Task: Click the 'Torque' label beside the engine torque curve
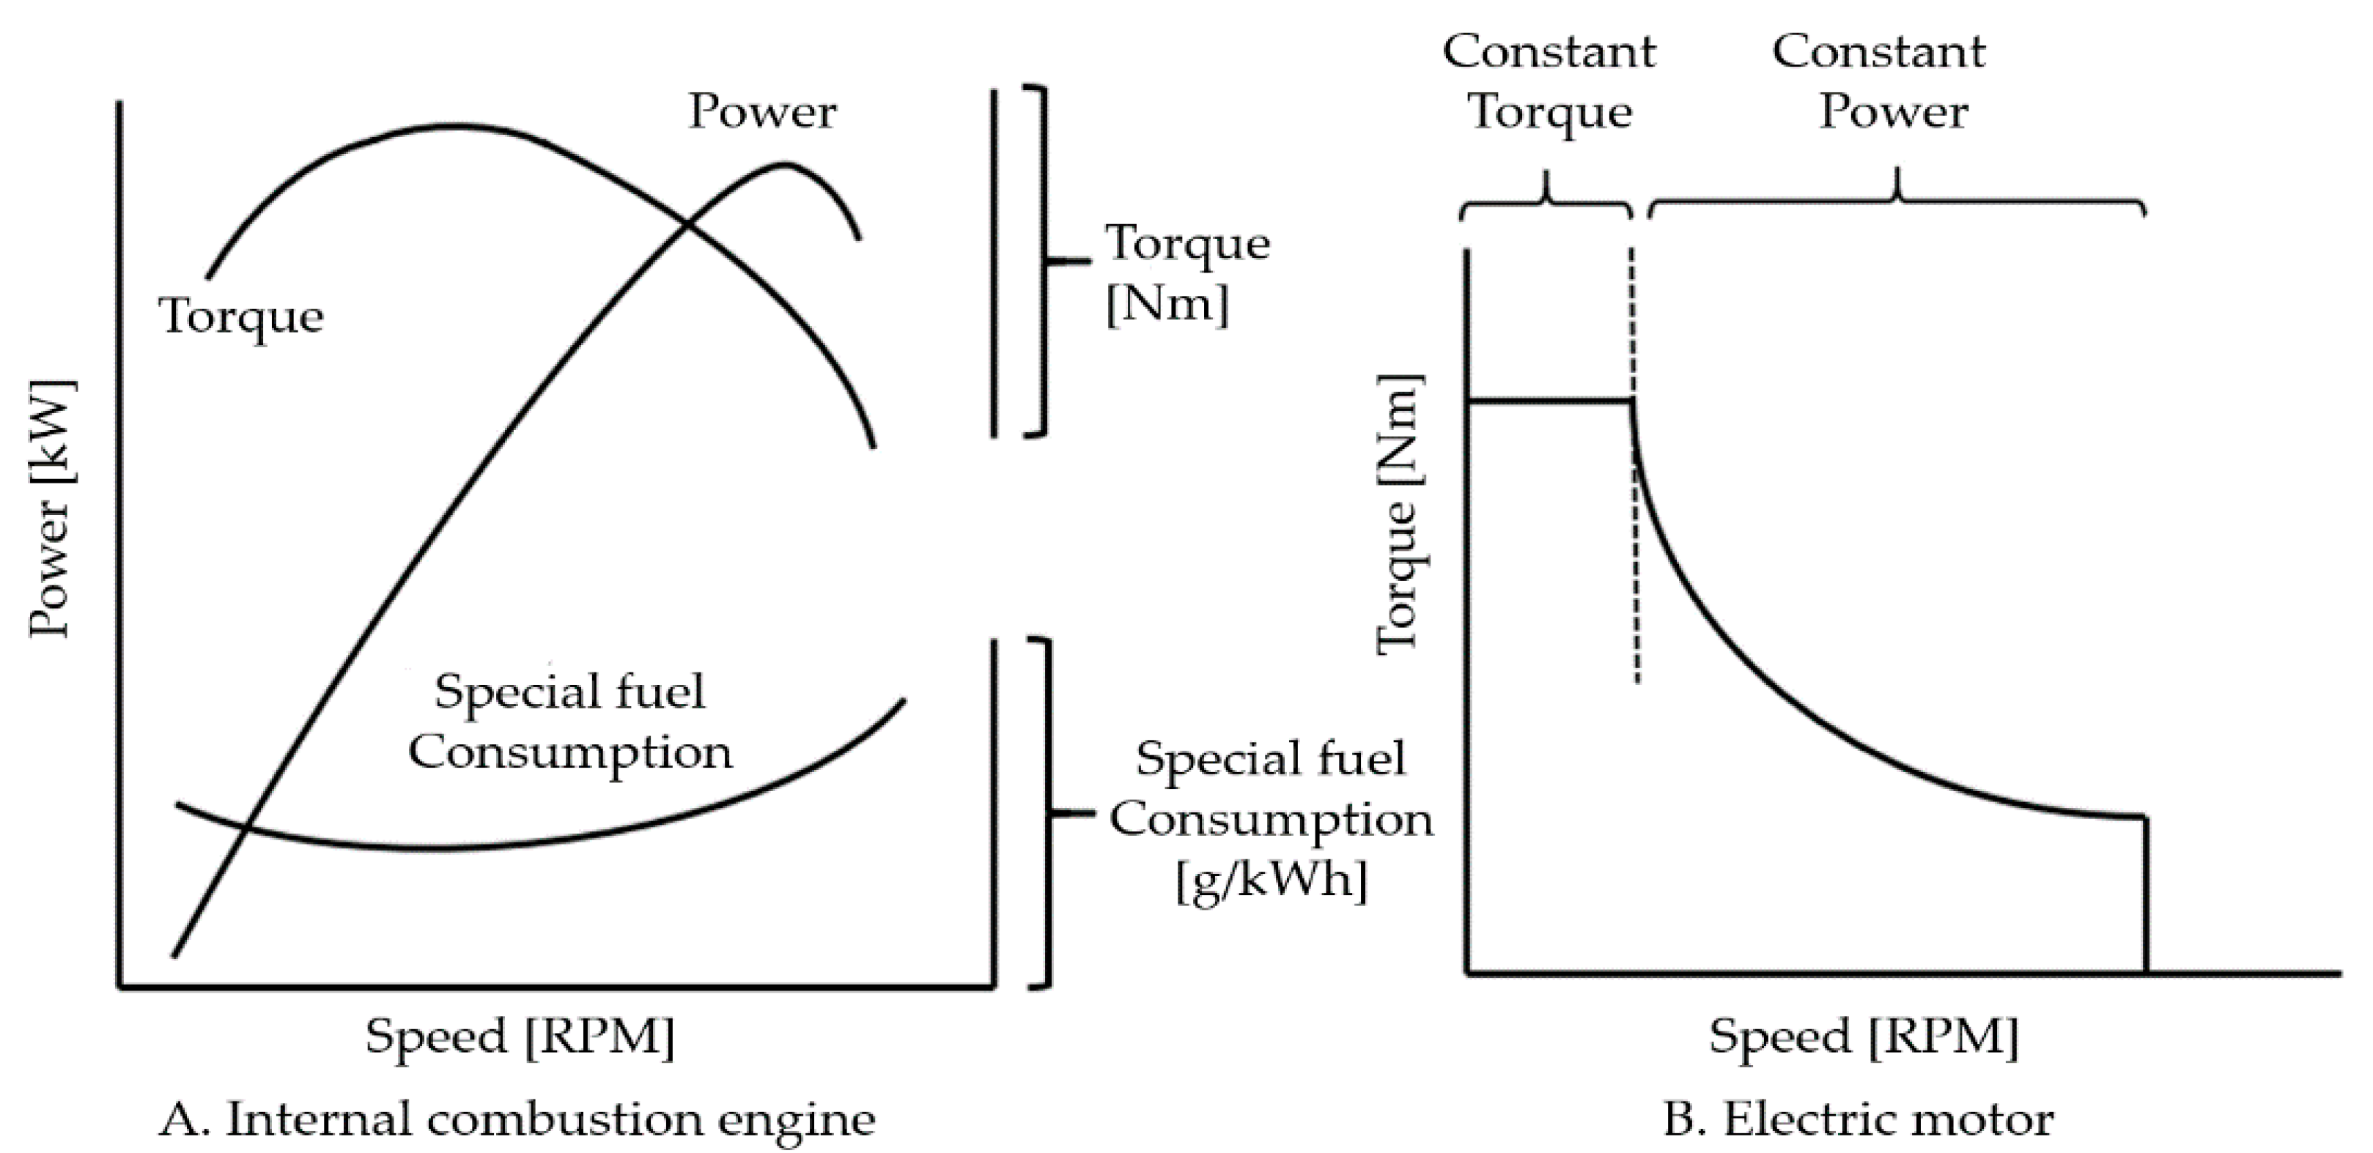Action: pos(241,316)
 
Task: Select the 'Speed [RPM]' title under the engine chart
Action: pos(520,1036)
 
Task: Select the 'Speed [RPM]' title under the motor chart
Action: pos(1864,1036)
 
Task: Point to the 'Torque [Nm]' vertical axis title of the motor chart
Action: pos(1398,516)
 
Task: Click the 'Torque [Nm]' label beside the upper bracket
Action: pos(1186,273)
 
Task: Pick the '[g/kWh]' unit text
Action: pos(1272,880)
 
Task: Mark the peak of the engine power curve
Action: pos(784,165)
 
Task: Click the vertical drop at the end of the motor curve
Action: pos(2147,893)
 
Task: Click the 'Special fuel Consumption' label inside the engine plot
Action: pos(570,722)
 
